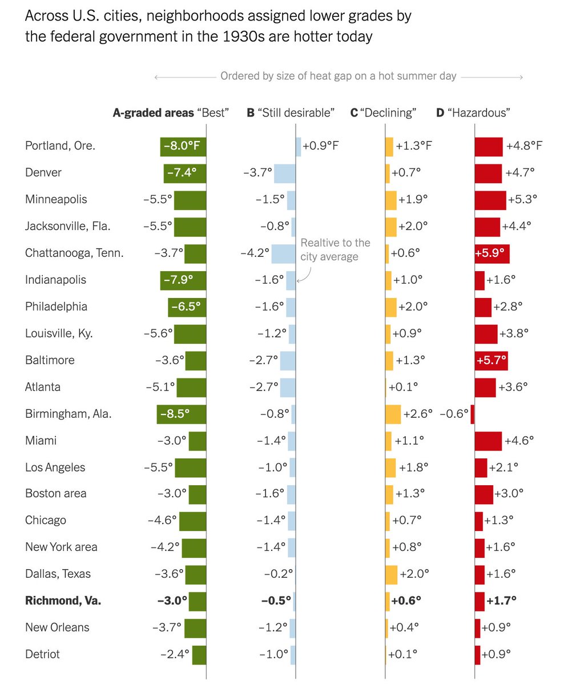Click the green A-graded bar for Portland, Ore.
pyautogui.click(x=183, y=146)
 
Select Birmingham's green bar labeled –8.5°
pyautogui.click(x=181, y=414)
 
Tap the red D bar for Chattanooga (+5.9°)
pyautogui.click(x=492, y=253)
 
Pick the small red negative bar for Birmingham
pyautogui.click(x=472, y=414)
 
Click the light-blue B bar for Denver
pyautogui.click(x=284, y=173)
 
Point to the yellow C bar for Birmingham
pyautogui.click(x=393, y=414)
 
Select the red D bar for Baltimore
pyautogui.click(x=491, y=360)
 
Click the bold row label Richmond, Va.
pyautogui.click(x=63, y=601)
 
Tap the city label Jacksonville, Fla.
pyautogui.click(x=67, y=226)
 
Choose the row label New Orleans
pyautogui.click(x=57, y=627)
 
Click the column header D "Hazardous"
pyautogui.click(x=473, y=113)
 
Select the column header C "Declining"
pyautogui.click(x=383, y=113)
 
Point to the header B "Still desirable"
pyautogui.click(x=290, y=113)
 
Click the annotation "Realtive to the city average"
pyautogui.click(x=335, y=249)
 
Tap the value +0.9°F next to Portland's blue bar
pyautogui.click(x=320, y=146)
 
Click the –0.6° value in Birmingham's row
pyautogui.click(x=454, y=414)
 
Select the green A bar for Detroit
pyautogui.click(x=199, y=654)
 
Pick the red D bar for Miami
pyautogui.click(x=488, y=441)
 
